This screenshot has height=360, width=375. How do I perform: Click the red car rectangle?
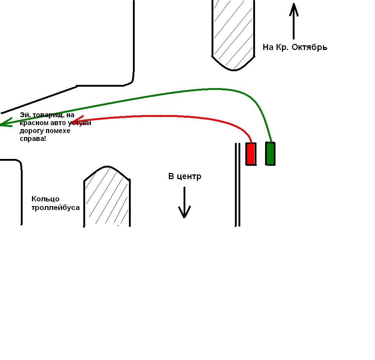pos(251,154)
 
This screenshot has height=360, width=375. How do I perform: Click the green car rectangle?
pos(270,154)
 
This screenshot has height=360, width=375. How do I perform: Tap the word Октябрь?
pos(309,47)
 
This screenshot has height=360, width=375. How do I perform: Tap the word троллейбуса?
pos(56,208)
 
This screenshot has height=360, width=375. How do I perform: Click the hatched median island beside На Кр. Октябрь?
pos(233,32)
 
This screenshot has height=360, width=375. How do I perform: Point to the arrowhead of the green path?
pos(4,123)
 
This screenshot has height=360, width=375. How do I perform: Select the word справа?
pos(33,138)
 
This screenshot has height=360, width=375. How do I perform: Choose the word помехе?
pos(57,131)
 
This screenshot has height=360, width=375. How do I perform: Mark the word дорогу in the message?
pos(31,131)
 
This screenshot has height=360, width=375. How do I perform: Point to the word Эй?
pos(24,115)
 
